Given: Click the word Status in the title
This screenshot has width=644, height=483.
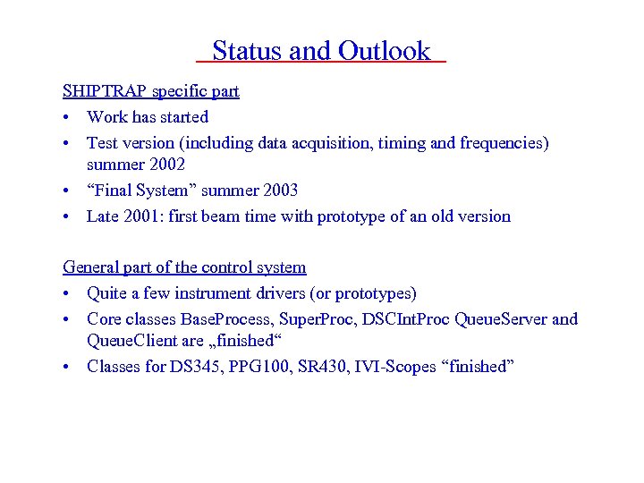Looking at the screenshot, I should (246, 52).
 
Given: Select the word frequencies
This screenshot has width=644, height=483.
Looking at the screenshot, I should (504, 142).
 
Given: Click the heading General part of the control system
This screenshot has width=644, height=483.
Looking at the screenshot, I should (184, 267).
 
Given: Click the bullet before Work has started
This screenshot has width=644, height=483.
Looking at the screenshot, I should (68, 117).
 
